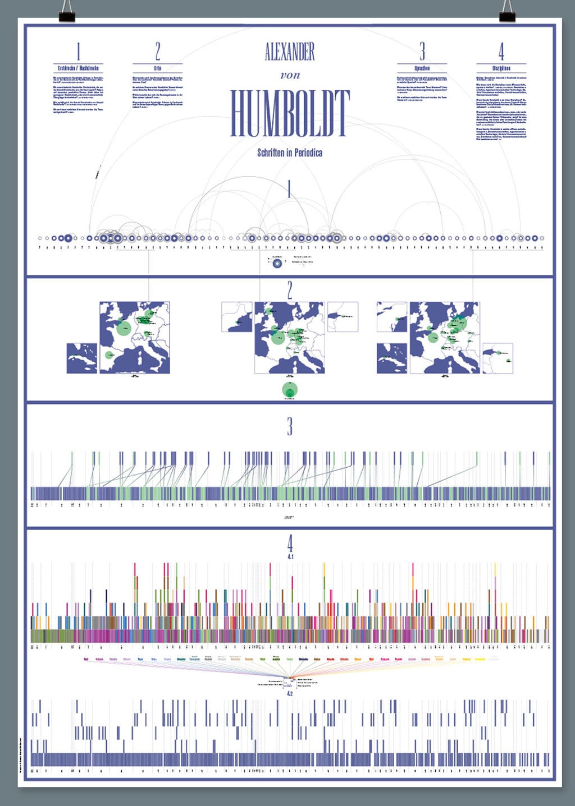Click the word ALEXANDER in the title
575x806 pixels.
[x=290, y=52]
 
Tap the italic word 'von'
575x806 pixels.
[x=290, y=75]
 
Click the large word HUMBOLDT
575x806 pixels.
[x=290, y=114]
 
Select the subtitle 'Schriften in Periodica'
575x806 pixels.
[x=290, y=153]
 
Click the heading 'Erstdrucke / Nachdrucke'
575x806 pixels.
[x=78, y=68]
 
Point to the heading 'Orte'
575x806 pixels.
[x=157, y=68]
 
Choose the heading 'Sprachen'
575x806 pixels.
[x=422, y=68]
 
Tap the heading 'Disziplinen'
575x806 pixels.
[x=501, y=68]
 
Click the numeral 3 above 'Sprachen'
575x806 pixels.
[x=422, y=51]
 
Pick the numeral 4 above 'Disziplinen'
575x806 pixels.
[x=501, y=51]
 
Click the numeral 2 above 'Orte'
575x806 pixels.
[x=158, y=51]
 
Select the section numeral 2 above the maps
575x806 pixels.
[x=290, y=290]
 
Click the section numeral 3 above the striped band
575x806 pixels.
[x=290, y=427]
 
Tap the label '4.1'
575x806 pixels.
[x=290, y=556]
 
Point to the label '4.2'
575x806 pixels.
[x=290, y=694]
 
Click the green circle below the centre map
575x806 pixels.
[x=290, y=390]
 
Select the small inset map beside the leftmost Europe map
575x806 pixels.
[x=81, y=358]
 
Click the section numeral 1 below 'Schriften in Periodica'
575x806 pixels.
[x=289, y=189]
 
